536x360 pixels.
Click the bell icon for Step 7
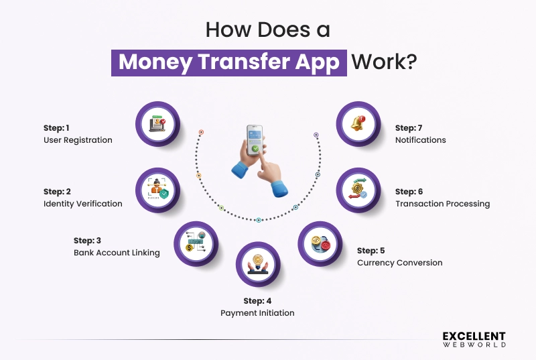(358, 123)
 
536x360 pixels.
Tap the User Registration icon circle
(157, 124)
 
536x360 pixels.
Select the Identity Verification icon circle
(157, 190)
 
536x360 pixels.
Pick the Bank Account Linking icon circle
(196, 243)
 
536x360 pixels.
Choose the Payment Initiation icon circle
(258, 264)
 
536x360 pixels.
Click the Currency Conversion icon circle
(320, 243)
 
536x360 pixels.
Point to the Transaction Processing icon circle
(358, 190)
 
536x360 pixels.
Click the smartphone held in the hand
(255, 140)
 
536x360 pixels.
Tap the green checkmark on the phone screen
(255, 149)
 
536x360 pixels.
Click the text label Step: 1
(56, 128)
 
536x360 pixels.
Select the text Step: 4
(257, 301)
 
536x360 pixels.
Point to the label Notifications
(421, 140)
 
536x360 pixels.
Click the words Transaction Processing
(443, 204)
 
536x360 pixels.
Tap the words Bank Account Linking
(117, 253)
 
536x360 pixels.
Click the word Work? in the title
(384, 62)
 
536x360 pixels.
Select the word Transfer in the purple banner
(244, 62)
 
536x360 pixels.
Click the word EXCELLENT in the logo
(474, 336)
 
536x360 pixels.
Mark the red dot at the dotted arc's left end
(202, 132)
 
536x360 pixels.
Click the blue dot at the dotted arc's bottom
(259, 220)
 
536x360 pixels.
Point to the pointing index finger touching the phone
(264, 161)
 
